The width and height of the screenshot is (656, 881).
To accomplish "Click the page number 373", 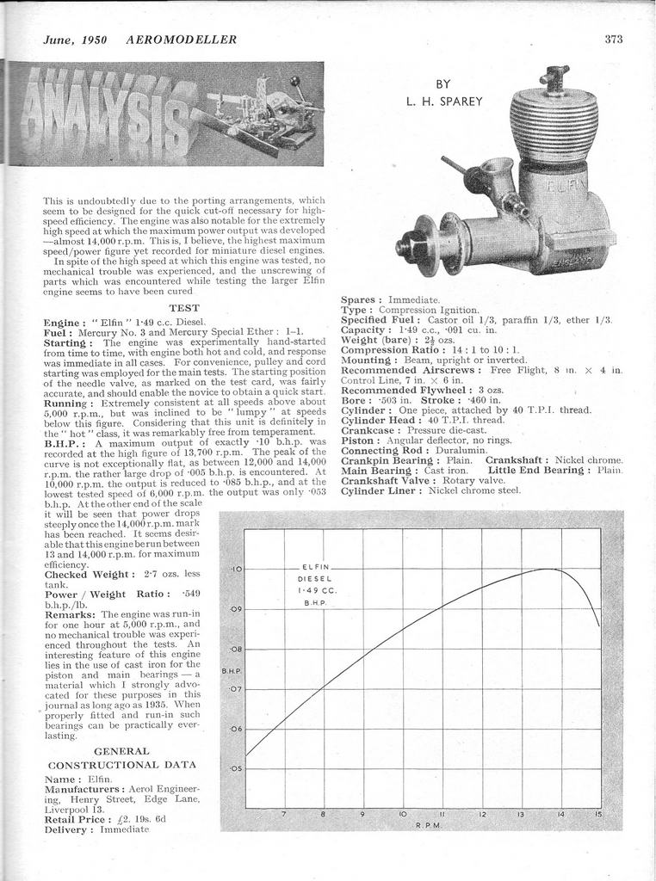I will tap(613, 39).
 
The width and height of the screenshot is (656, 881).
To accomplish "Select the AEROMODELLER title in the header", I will tap(181, 40).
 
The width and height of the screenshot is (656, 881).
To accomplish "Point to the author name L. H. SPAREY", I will tap(444, 102).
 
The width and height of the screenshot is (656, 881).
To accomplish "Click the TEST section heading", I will tap(184, 307).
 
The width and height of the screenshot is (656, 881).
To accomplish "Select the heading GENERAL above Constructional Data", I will tap(121, 750).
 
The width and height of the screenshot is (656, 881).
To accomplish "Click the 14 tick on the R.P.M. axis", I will tap(560, 813).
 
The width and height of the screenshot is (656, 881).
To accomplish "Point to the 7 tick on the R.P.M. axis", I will tap(283, 813).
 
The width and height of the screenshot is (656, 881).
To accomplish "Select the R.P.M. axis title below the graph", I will tap(428, 825).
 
